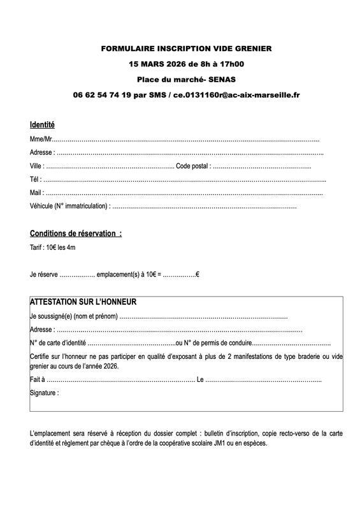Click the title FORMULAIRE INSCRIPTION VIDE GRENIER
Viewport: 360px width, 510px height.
click(x=186, y=48)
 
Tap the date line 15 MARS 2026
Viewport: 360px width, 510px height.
click(x=186, y=64)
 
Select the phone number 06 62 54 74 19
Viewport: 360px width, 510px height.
click(x=102, y=94)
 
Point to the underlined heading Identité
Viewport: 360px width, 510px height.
click(x=42, y=124)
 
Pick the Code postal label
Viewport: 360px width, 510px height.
click(x=193, y=166)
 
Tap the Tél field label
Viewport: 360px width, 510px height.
click(x=36, y=179)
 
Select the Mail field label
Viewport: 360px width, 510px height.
click(x=36, y=193)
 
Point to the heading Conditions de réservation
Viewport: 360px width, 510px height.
click(x=75, y=233)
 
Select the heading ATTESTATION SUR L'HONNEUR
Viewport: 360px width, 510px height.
click(x=83, y=302)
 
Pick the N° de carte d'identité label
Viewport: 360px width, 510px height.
click(x=57, y=343)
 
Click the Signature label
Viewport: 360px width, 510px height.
click(x=44, y=393)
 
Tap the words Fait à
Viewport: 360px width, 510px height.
click(x=37, y=380)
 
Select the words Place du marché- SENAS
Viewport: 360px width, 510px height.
click(x=186, y=79)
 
